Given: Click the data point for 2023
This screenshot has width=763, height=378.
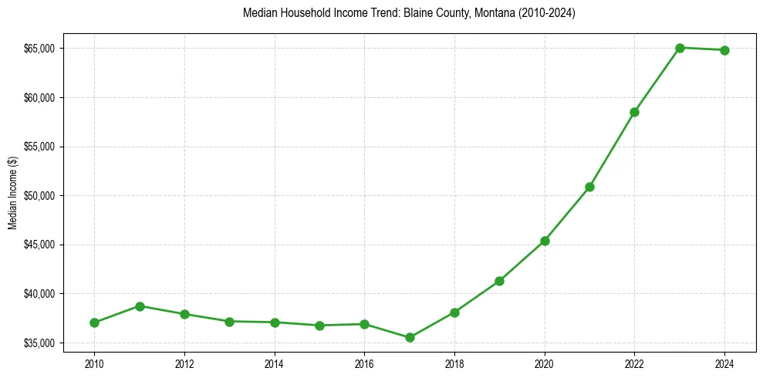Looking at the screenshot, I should coord(680,48).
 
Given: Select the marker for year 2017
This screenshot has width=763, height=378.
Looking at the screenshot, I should coord(410,337).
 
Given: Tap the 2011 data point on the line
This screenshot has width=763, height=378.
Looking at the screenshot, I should coord(140,306).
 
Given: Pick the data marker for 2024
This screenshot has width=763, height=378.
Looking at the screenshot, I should coord(724,50).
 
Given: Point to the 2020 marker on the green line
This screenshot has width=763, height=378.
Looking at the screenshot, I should coord(545,241).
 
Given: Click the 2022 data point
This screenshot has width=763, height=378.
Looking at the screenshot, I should coord(634,112).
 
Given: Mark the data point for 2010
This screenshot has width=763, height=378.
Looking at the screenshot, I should coord(94,322).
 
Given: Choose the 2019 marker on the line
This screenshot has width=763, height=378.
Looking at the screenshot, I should coord(499,281).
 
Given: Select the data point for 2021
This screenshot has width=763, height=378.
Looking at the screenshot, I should coord(589,187).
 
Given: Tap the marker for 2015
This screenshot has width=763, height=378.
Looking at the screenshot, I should coord(319,326).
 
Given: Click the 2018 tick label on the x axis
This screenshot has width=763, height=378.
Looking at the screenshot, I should coord(454,362).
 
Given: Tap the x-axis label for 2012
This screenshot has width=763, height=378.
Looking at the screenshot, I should coord(184,362).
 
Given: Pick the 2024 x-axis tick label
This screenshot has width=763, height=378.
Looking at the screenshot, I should coord(724,362).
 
